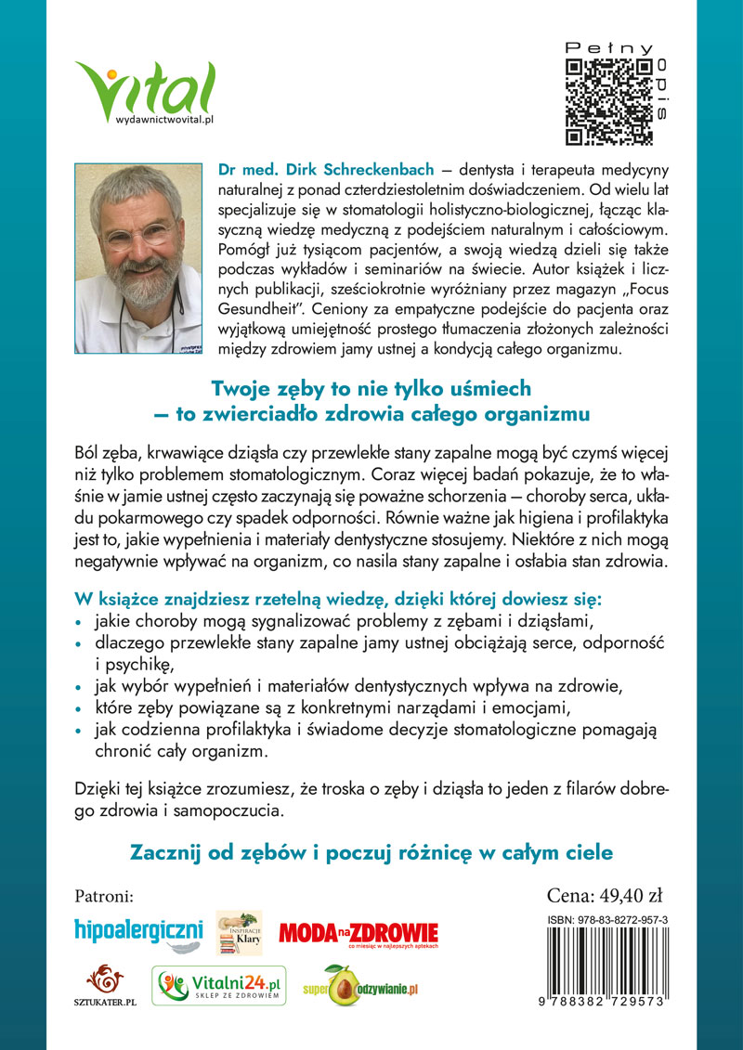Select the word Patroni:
[104, 897]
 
